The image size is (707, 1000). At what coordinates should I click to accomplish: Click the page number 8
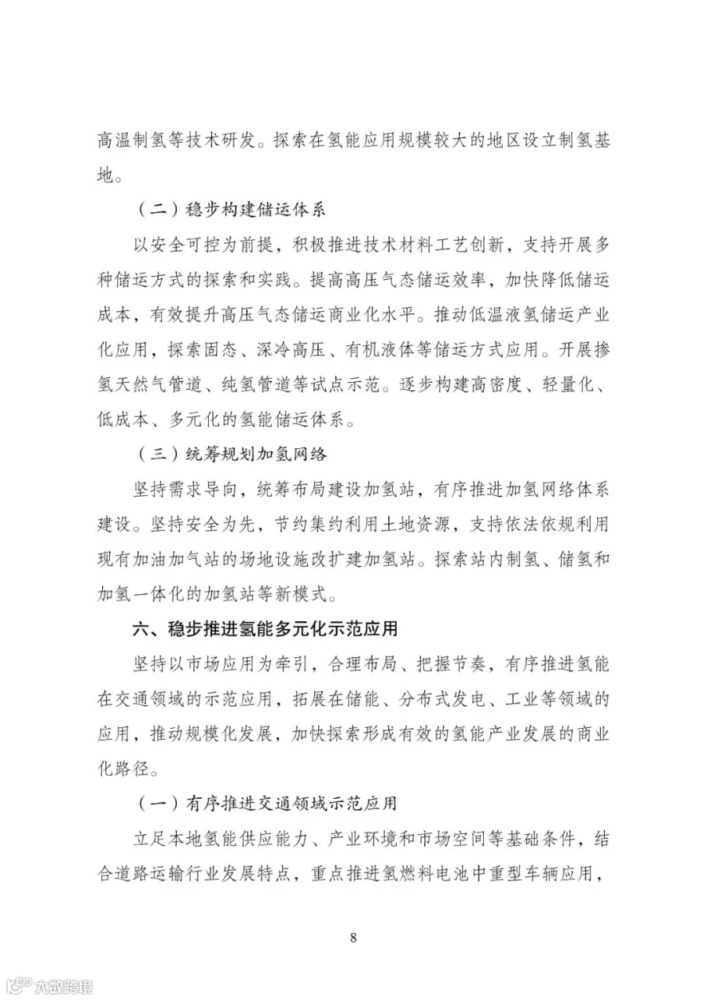click(x=353, y=937)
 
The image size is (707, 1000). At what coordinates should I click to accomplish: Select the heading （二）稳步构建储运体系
click(x=232, y=211)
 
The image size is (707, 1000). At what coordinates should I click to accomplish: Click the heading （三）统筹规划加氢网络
click(x=232, y=454)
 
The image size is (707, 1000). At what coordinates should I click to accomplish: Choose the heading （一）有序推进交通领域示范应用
click(x=267, y=803)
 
